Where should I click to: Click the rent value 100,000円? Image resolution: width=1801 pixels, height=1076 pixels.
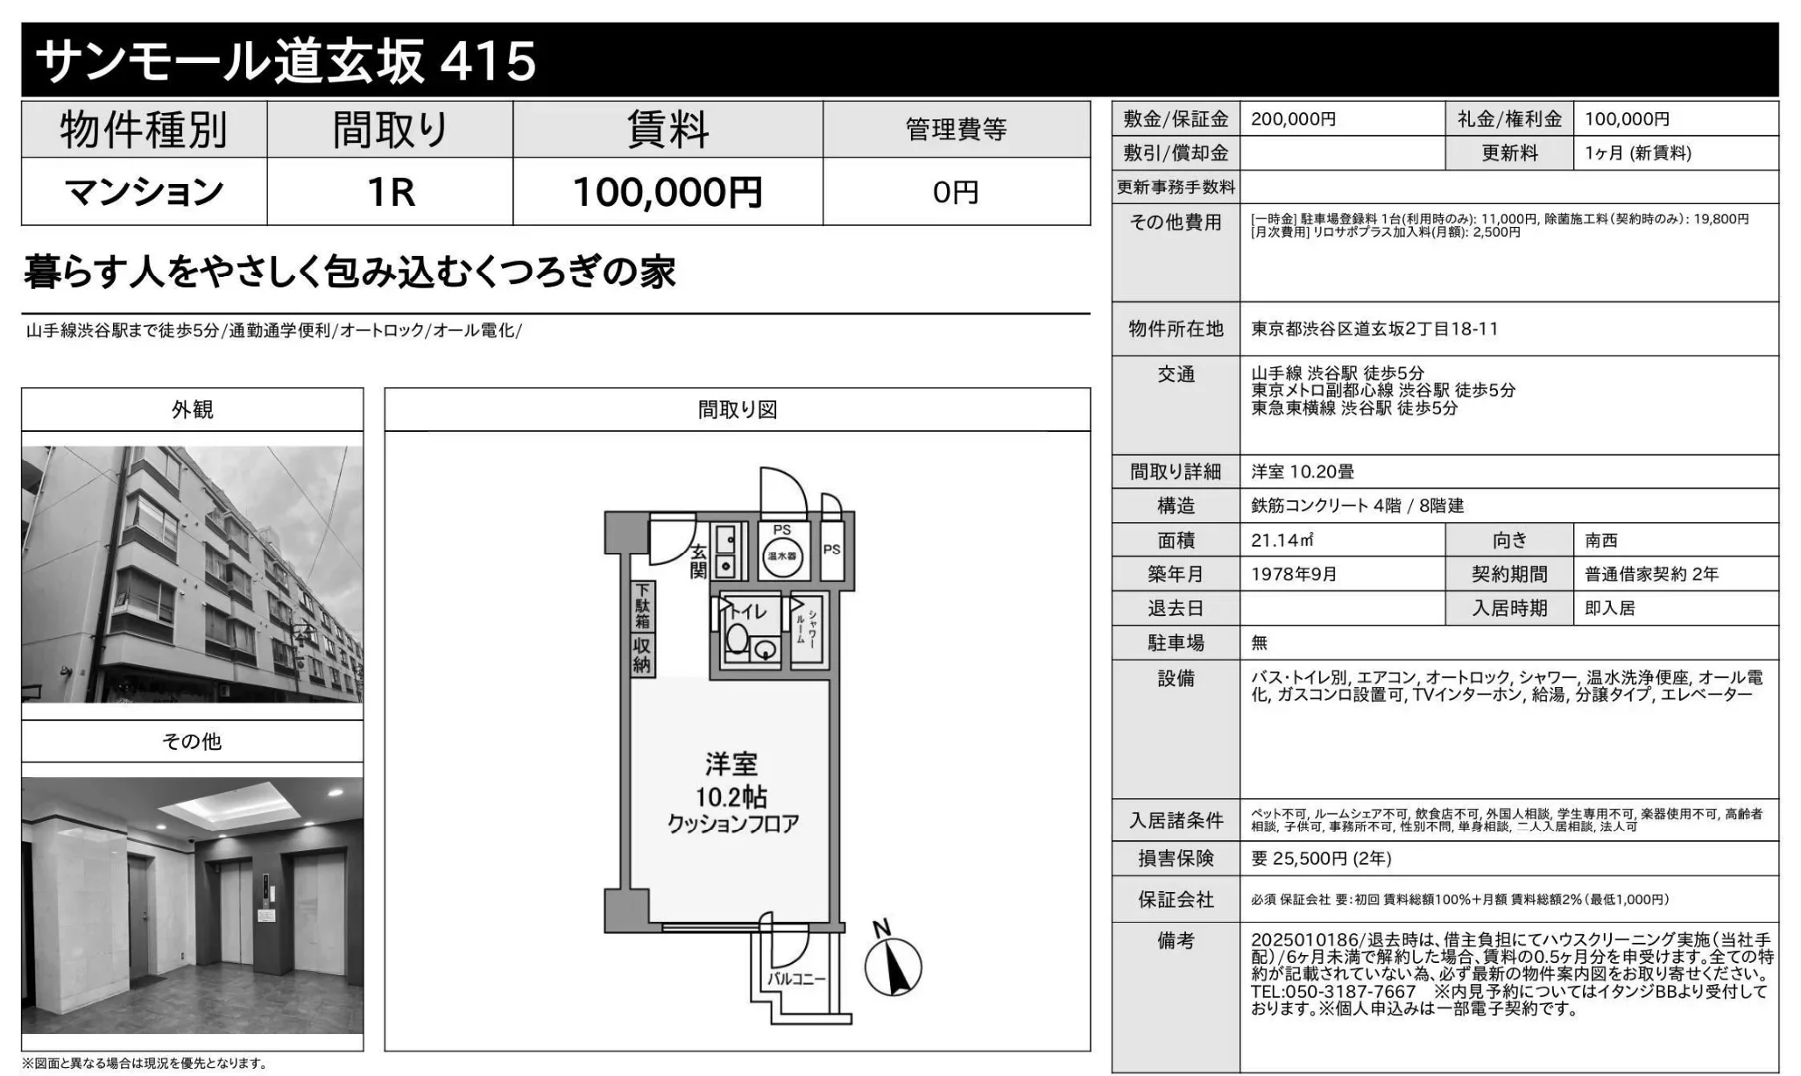[667, 192]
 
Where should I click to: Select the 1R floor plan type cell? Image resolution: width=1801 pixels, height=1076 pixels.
[390, 192]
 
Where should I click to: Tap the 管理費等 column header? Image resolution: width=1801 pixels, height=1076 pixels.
[957, 130]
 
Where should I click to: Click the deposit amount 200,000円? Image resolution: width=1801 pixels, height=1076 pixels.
[1294, 119]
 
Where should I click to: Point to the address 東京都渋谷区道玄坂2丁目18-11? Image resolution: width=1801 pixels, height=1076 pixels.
[1374, 329]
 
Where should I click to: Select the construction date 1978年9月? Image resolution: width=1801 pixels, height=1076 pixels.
[1294, 575]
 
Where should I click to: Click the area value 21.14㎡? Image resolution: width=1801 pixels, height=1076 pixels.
[1282, 541]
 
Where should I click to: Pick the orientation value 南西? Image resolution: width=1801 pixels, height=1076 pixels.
[1601, 541]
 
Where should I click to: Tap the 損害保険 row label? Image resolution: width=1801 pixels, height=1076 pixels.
[1176, 859]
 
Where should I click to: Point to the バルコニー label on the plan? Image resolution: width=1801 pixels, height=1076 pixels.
[796, 978]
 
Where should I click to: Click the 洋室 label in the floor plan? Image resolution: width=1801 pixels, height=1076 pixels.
[731, 764]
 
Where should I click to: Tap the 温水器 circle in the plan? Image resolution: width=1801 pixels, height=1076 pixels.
[781, 556]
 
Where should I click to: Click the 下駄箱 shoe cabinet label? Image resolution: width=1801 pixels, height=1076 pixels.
[642, 605]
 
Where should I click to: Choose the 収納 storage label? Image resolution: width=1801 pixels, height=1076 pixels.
[642, 655]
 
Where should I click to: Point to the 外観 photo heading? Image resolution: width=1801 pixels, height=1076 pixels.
[192, 409]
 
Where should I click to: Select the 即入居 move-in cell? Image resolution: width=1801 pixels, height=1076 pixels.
[1610, 609]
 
